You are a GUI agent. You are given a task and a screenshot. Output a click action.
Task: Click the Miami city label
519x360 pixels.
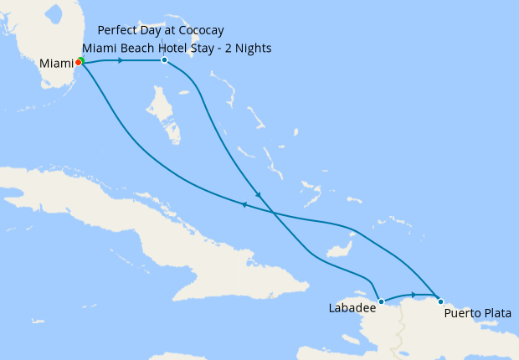(x=55, y=64)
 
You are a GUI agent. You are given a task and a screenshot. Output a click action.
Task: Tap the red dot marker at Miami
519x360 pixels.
(x=78, y=63)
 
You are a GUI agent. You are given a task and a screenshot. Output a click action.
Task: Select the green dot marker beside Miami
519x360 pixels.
(x=81, y=60)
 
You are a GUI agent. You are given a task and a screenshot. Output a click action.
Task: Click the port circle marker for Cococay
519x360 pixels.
(x=164, y=60)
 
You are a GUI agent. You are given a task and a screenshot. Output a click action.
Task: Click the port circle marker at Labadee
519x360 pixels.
(x=381, y=301)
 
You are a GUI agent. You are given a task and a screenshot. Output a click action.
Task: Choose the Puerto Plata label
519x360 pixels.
(x=475, y=315)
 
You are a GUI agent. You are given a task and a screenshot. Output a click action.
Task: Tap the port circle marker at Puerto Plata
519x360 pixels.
(x=440, y=301)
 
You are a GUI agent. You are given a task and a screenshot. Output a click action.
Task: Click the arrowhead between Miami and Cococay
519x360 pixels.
(x=121, y=60)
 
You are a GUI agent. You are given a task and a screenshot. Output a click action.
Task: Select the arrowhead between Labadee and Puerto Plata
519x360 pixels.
(x=414, y=294)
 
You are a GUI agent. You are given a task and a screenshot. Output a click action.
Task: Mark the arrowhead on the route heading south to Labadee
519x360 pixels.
(x=258, y=196)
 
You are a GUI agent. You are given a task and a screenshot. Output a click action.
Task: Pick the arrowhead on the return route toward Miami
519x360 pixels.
(x=244, y=204)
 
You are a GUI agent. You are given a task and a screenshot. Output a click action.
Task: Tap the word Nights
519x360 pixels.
(x=253, y=48)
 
